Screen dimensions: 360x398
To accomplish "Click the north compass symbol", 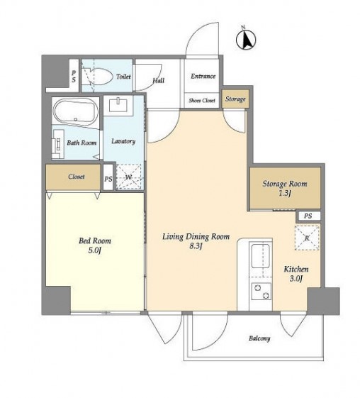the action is click(246, 39).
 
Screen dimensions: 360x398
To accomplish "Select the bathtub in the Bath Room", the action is click(76, 111).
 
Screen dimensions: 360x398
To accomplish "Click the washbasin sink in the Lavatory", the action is click(118, 105).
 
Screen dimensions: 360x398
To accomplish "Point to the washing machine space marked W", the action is click(128, 177).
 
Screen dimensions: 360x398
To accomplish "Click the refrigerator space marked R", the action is click(307, 238).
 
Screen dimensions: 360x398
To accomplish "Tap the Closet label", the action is click(77, 177).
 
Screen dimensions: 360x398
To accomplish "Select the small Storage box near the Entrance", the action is click(235, 99).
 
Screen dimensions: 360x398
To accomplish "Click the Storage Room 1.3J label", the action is click(285, 188).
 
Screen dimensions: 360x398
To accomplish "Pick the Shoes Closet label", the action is click(202, 101).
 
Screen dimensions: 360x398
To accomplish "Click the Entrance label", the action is click(203, 76).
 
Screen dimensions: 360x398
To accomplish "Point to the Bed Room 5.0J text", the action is click(95, 245).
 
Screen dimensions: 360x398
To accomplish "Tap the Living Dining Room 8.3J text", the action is click(196, 241).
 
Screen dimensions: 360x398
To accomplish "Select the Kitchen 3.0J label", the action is click(296, 274).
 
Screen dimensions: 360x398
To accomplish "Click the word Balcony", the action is click(259, 338).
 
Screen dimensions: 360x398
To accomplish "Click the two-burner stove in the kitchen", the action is click(261, 292).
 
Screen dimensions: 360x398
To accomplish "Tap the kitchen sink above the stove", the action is click(261, 256).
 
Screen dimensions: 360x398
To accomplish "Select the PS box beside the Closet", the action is click(108, 177).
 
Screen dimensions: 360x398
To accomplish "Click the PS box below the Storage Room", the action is click(308, 216).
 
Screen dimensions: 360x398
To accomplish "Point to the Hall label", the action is click(159, 80).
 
